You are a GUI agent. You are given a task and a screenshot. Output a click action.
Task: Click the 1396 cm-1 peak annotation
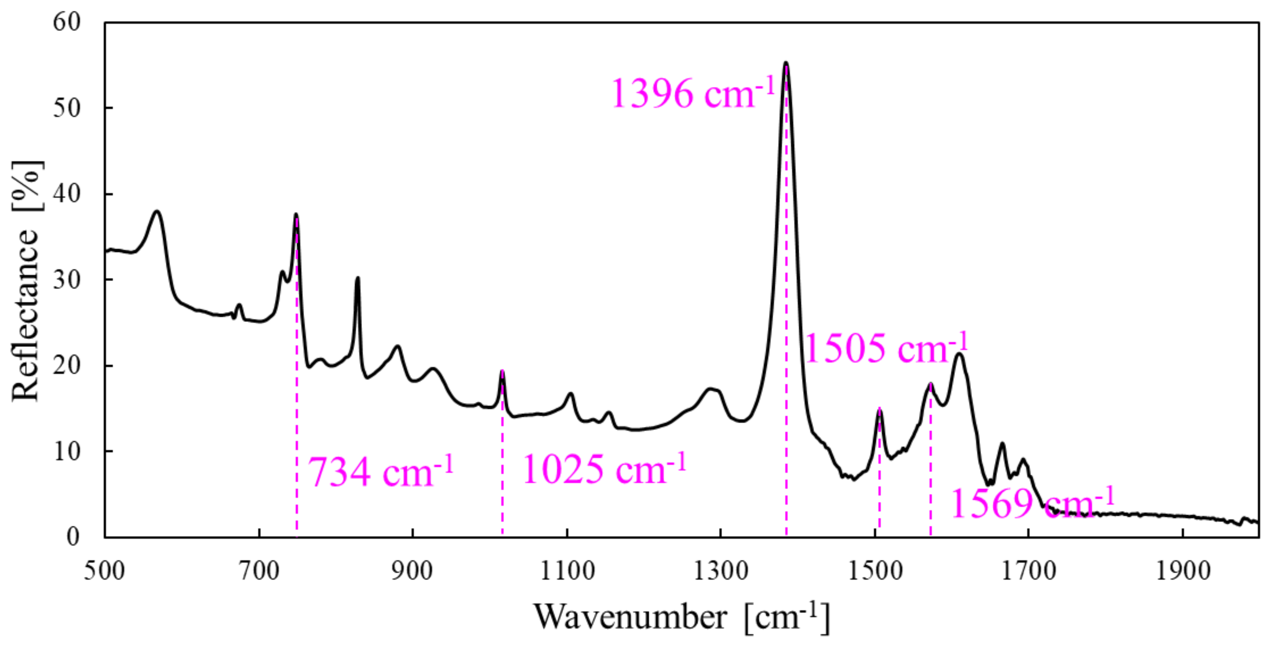[x=693, y=93]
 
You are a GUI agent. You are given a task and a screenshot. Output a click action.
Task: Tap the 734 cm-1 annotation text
[x=380, y=472]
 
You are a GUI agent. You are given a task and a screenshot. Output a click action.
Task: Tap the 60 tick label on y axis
[x=67, y=22]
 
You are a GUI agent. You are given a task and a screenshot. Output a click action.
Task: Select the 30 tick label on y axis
[x=67, y=280]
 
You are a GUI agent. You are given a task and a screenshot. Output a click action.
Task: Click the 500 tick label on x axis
[x=105, y=571]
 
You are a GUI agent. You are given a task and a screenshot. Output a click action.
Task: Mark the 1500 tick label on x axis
[x=875, y=571]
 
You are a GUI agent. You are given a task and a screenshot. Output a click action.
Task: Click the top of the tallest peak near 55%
[x=786, y=63]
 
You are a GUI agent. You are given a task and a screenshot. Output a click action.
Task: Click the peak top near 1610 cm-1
[x=959, y=354]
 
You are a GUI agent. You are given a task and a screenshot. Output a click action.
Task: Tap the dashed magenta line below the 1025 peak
[x=502, y=469]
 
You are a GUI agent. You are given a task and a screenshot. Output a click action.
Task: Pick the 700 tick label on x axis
[x=259, y=571]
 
